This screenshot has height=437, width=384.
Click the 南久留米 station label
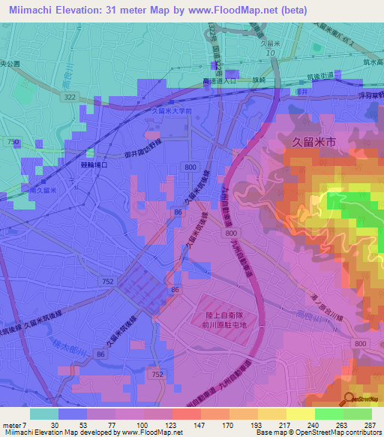(42, 190)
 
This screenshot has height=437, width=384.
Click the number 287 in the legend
(367, 425)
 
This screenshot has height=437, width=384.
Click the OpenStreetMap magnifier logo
(349, 399)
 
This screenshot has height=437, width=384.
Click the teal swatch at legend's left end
(44, 414)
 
